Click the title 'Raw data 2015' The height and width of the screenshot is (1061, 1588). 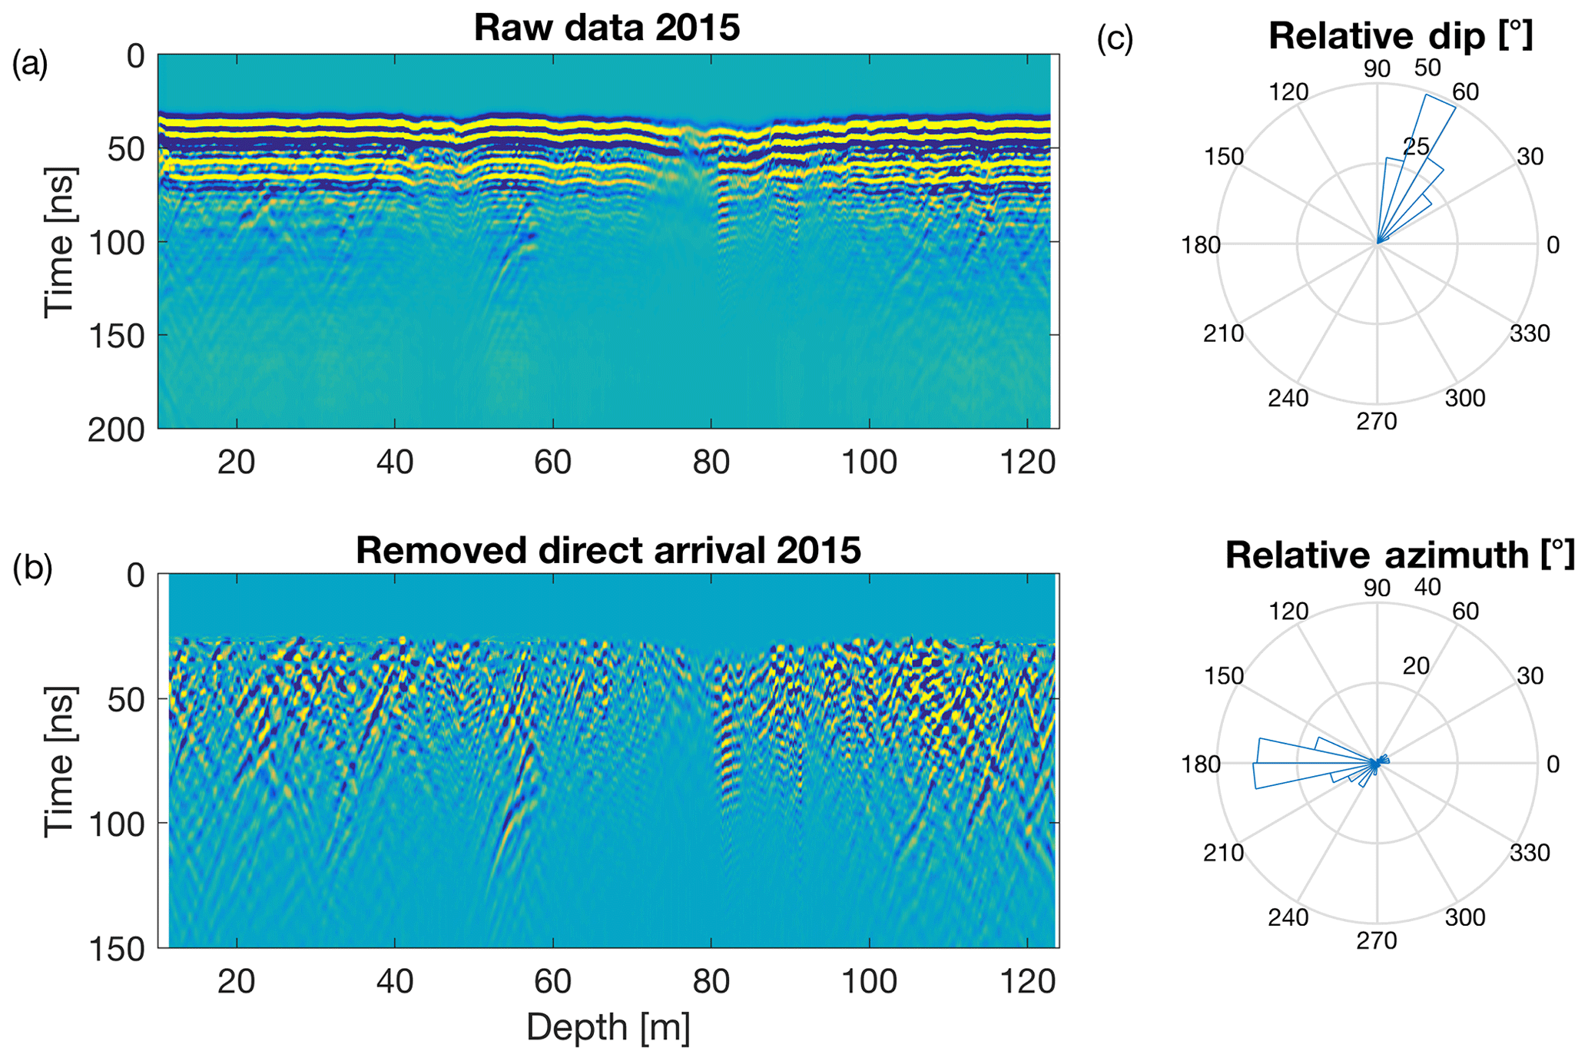pos(607,28)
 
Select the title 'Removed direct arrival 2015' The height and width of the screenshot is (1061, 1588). pos(608,550)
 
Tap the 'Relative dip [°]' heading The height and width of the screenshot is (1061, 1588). pos(1400,36)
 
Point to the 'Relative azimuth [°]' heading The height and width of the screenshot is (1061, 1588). pos(1400,555)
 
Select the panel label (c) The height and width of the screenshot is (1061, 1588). pos(1115,38)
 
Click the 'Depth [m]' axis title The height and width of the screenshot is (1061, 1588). pos(608,1027)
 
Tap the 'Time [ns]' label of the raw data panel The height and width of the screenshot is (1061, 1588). pos(59,242)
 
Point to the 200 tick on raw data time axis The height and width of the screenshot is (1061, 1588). pos(116,430)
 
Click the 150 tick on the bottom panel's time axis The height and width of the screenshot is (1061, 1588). pos(116,950)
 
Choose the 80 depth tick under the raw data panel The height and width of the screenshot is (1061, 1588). pos(711,463)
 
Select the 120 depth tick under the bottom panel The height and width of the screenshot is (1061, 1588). pos(1027,982)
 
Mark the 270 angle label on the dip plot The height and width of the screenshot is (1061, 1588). pos(1377,421)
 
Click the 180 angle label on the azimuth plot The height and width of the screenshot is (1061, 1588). pos(1201,764)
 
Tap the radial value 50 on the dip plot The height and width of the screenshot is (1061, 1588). pos(1427,68)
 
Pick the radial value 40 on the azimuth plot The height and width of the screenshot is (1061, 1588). pos(1427,587)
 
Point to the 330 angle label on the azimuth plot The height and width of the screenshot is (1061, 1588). pos(1530,853)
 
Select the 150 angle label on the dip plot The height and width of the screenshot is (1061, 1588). pos(1224,157)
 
